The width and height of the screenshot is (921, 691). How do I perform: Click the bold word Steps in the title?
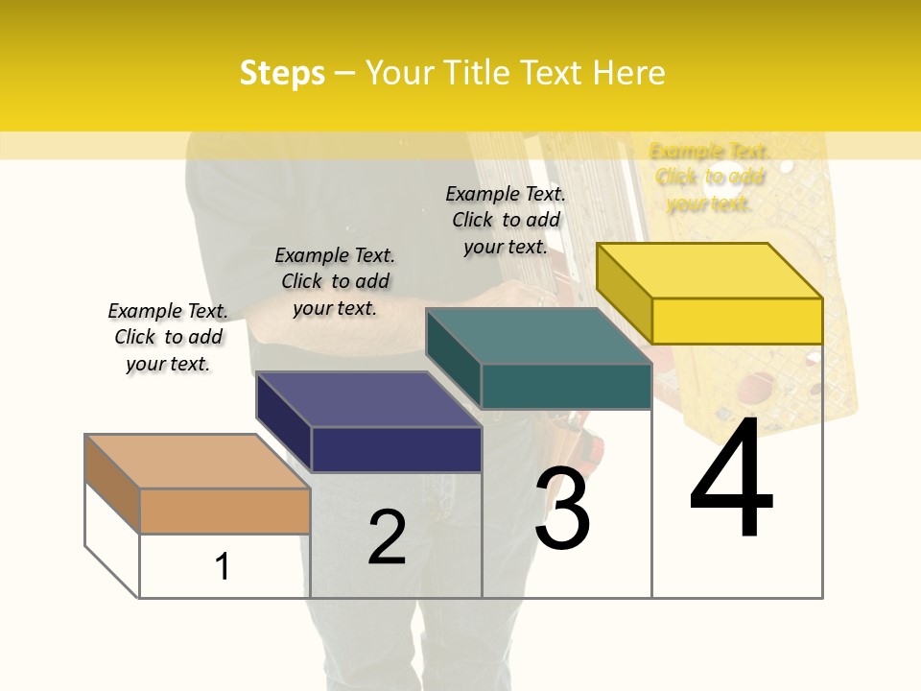[282, 73]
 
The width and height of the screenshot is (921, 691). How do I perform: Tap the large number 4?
[732, 481]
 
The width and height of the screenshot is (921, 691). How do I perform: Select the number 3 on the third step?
[562, 510]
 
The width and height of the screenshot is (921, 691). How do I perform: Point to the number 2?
[388, 537]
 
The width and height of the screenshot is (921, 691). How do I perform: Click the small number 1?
[223, 566]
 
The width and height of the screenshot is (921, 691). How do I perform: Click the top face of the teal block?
[538, 336]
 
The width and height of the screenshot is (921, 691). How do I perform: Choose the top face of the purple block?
[368, 399]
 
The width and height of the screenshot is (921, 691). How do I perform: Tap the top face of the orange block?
[198, 462]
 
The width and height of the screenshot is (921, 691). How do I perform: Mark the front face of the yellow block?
[737, 321]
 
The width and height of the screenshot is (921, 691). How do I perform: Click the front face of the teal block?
[566, 386]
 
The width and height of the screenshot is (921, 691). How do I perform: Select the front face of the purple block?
[396, 449]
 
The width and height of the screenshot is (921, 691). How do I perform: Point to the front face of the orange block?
[224, 511]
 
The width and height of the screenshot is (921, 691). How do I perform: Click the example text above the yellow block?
[709, 178]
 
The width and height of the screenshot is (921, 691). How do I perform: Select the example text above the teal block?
[506, 220]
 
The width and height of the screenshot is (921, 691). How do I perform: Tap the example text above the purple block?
[335, 281]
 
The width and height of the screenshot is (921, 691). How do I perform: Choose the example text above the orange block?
[168, 337]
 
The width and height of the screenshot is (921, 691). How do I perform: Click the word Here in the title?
[628, 73]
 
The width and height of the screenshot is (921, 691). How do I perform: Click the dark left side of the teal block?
[453, 357]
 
